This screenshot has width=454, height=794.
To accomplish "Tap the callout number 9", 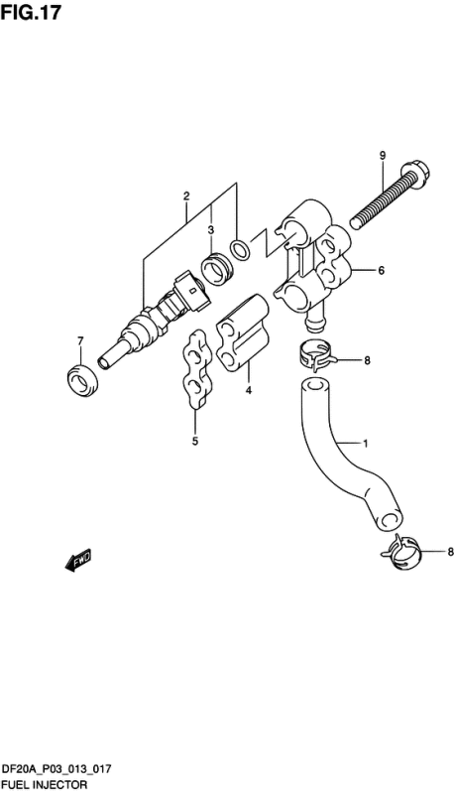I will click(x=382, y=155).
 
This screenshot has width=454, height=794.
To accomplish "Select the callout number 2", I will click(x=185, y=197).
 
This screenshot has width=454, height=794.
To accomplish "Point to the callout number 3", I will click(x=210, y=230).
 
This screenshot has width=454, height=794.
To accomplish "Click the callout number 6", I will click(x=381, y=270).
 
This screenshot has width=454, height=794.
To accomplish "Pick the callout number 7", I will click(x=80, y=342).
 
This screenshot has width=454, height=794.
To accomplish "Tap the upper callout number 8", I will click(x=367, y=360).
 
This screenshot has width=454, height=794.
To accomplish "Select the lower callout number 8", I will click(x=422, y=553).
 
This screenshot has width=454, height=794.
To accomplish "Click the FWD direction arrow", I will click(x=78, y=563).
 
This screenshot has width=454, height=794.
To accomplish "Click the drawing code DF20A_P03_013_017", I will click(x=62, y=769).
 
